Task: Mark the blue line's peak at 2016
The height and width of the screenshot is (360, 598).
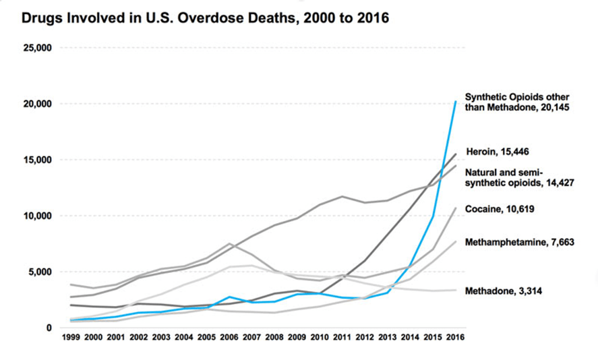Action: [x=456, y=102]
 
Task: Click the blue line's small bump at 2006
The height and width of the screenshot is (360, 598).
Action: [x=229, y=297]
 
